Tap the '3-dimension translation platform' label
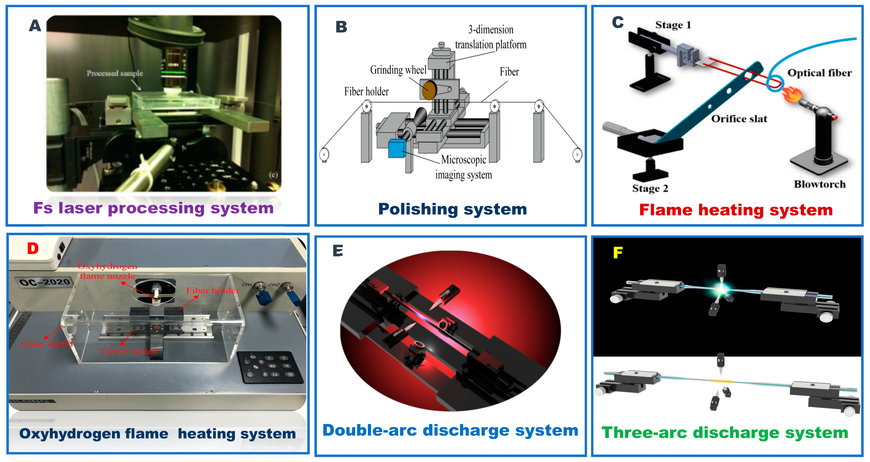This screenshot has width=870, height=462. coord(490,37)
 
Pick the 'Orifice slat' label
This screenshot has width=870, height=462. coord(739,119)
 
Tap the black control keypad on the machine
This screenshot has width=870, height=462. coord(270,367)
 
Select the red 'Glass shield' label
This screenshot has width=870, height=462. coord(47,344)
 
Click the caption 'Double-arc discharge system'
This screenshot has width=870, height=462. coord(450,430)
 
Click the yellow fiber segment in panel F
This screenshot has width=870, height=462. coord(721,381)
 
